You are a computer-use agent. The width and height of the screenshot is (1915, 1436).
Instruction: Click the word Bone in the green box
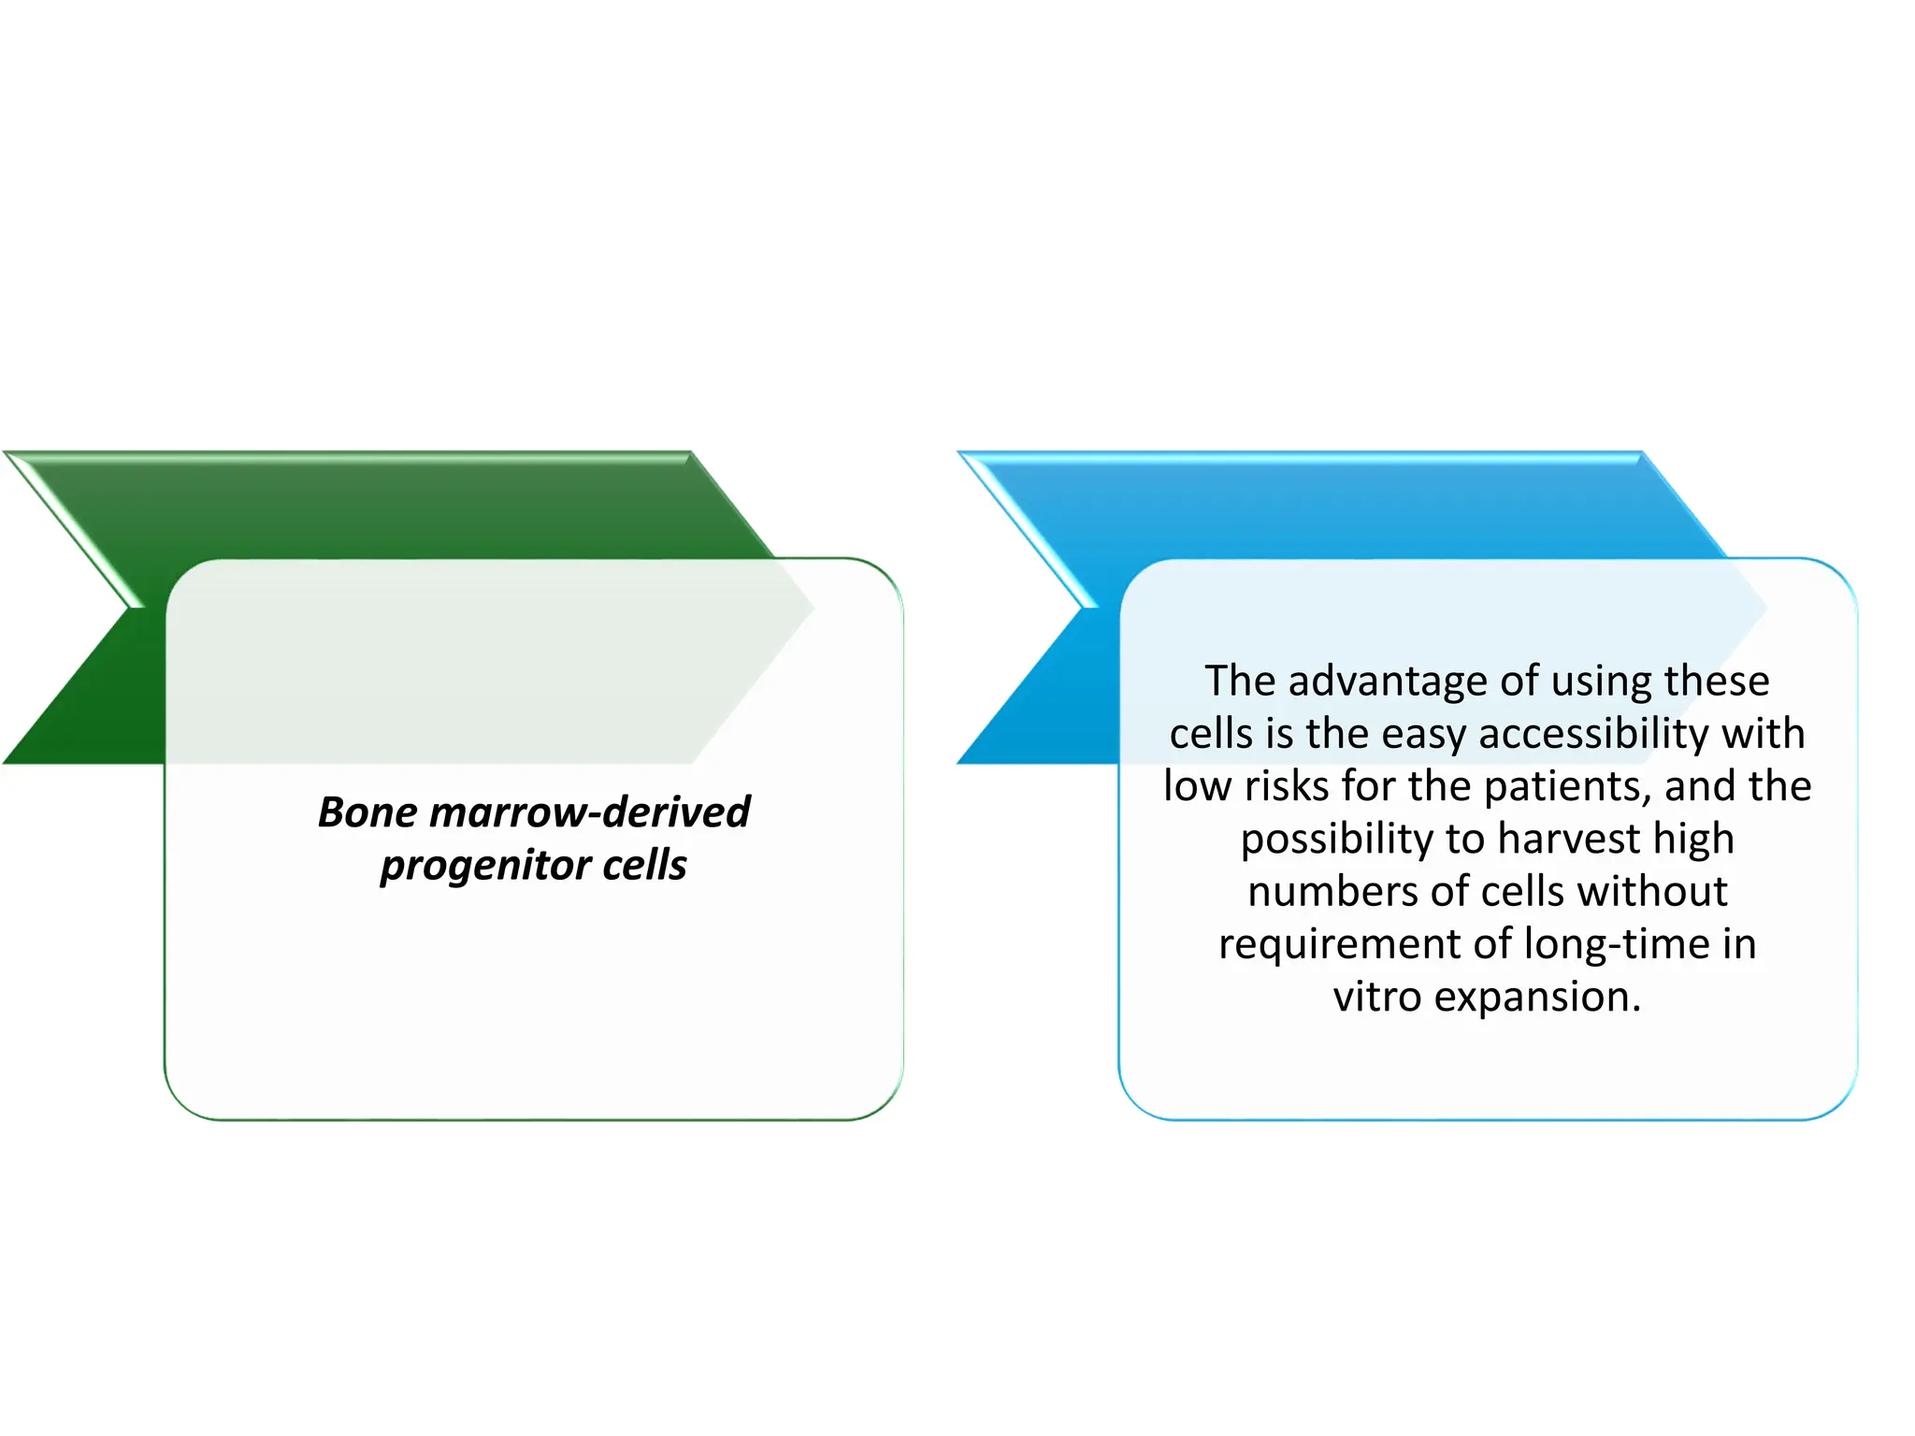367,811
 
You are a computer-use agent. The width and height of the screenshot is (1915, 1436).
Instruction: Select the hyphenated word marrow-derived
588,811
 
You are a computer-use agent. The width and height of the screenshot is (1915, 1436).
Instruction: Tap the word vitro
1377,997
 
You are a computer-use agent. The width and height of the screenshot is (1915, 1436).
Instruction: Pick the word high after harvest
1693,839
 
